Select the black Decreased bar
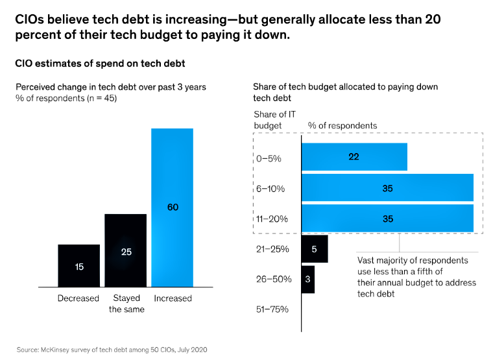coord(78,265)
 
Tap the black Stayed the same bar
coord(125,250)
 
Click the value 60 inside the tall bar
coord(173,208)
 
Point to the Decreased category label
coord(78,298)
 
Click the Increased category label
coord(173,298)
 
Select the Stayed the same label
coord(126,304)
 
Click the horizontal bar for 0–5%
coord(354,157)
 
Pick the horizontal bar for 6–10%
coord(387,188)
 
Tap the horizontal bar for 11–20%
coord(387,219)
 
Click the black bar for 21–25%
coord(315,249)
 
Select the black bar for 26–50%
coord(308,279)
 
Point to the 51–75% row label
coord(270,309)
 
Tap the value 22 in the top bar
coord(354,157)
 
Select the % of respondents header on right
coord(342,125)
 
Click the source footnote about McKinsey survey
coord(112,349)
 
